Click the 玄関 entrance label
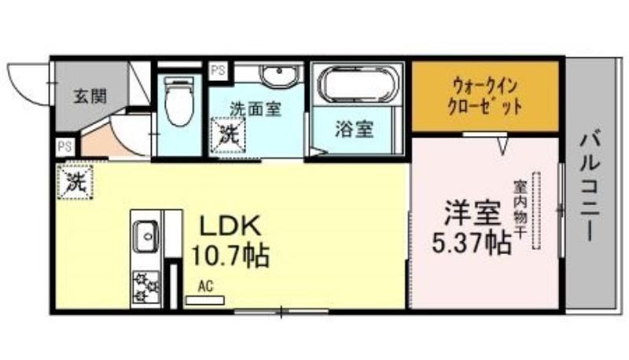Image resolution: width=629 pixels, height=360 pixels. [x=90, y=97]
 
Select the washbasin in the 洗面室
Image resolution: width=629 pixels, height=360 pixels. [x=279, y=75]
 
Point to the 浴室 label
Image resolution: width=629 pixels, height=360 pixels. [x=355, y=129]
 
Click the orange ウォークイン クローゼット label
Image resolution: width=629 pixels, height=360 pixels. [x=484, y=97]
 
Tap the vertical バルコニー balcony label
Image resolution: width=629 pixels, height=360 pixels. [x=590, y=187]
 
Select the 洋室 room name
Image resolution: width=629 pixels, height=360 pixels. [x=473, y=213]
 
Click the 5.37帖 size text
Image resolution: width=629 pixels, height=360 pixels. [x=472, y=242]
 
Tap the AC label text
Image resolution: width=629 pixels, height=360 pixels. [x=205, y=286]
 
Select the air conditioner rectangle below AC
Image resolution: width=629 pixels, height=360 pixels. [x=204, y=299]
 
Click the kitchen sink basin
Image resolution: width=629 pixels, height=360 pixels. [x=145, y=236]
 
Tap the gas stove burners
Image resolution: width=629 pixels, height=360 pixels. [x=145, y=287]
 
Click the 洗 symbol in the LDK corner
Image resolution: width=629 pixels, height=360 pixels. [x=75, y=182]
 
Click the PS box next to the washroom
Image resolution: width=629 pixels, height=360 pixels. [x=219, y=72]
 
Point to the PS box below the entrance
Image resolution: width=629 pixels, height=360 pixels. [x=65, y=147]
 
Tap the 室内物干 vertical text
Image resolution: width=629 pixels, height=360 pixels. [x=519, y=210]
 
